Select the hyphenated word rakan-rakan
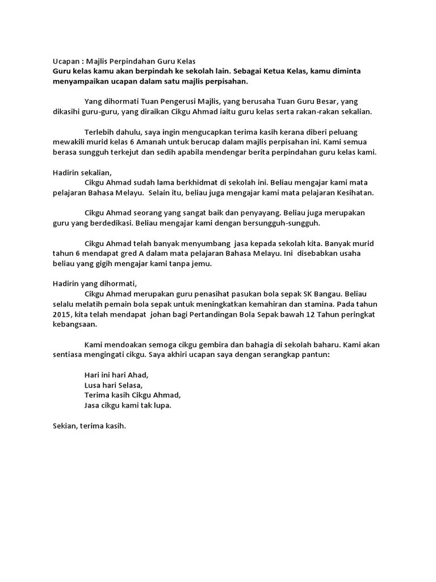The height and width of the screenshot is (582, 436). [x=319, y=111]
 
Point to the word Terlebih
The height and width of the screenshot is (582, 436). [x=100, y=132]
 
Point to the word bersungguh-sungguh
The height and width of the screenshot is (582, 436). [x=284, y=223]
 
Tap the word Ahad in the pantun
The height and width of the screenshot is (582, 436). [x=137, y=375]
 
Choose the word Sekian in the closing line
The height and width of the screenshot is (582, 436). [x=65, y=425]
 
